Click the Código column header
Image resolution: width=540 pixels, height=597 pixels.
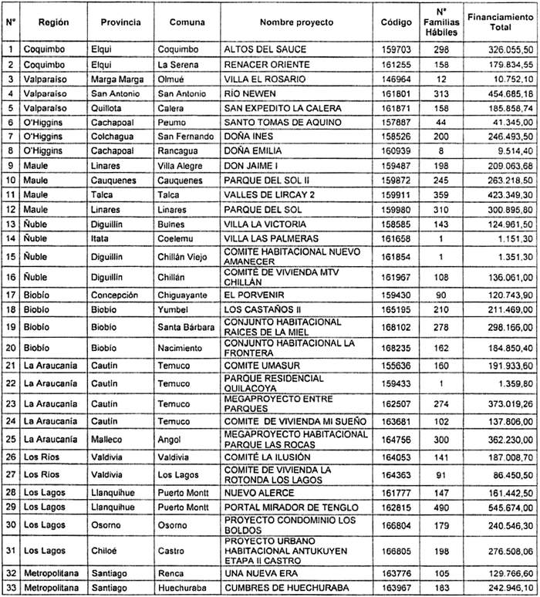[x=397, y=23]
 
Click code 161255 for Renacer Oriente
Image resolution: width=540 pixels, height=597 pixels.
[x=397, y=63]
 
